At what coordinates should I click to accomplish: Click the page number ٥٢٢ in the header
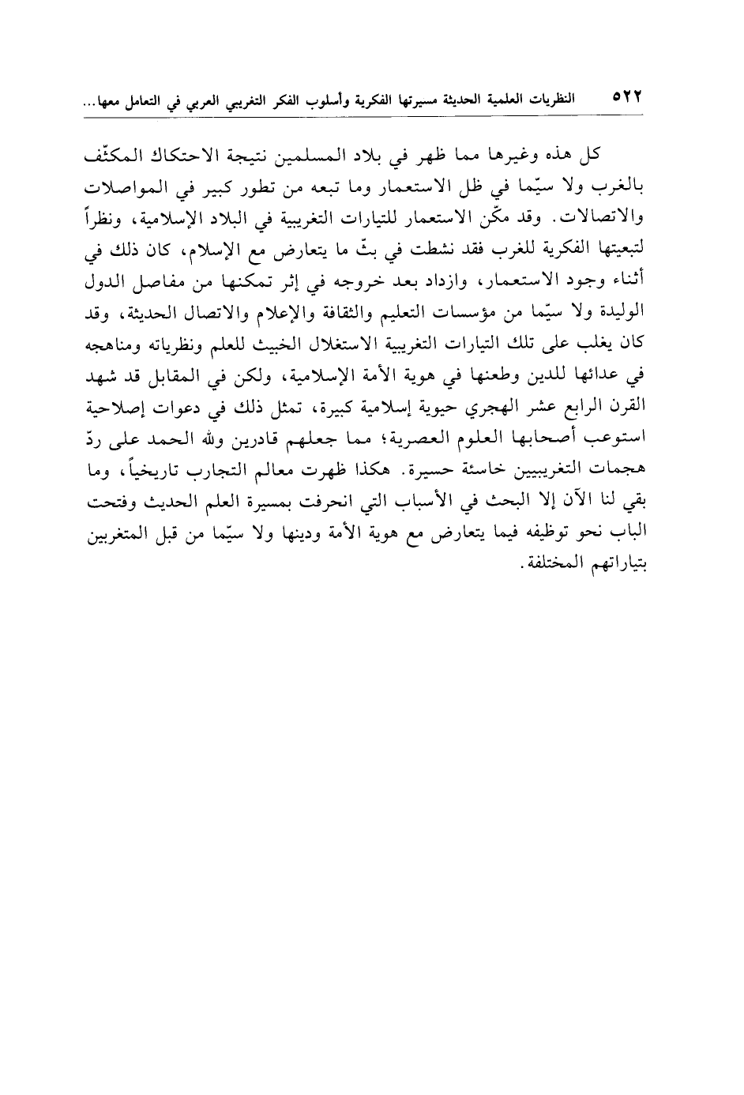coord(625,101)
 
